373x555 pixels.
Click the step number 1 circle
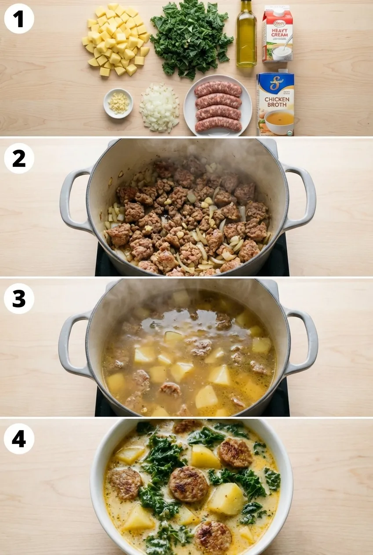pyautogui.click(x=19, y=18)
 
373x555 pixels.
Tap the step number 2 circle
pyautogui.click(x=19, y=158)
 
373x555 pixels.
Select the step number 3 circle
pyautogui.click(x=19, y=298)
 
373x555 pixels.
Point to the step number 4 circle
pyautogui.click(x=19, y=439)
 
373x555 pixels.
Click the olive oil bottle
pyautogui.click(x=246, y=35)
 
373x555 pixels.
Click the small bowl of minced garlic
pyautogui.click(x=118, y=103)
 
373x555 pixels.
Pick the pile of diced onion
pyautogui.click(x=159, y=108)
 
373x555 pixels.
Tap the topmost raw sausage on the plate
pyautogui.click(x=218, y=89)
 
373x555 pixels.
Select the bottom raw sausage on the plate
pyautogui.click(x=218, y=125)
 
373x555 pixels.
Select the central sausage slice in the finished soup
pyautogui.click(x=188, y=484)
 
